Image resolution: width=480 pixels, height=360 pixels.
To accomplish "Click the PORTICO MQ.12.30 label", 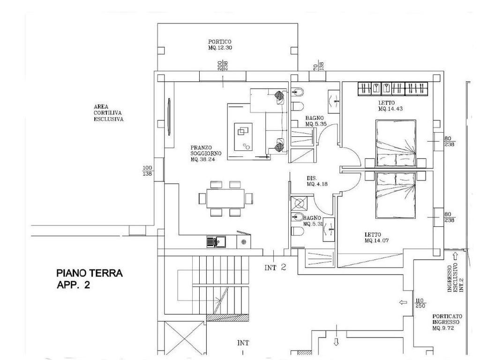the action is [x=220, y=45].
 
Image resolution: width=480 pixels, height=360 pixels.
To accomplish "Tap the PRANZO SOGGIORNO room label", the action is [x=206, y=153].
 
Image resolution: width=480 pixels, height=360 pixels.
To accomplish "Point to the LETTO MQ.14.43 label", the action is [x=390, y=105].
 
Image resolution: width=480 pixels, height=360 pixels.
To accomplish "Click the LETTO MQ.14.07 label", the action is [x=376, y=238].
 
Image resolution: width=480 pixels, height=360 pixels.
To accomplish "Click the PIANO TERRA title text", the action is [x=90, y=273].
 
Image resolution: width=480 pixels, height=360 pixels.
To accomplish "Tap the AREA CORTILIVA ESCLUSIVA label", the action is [x=109, y=113].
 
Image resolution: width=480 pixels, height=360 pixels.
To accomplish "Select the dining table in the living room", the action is [x=225, y=198].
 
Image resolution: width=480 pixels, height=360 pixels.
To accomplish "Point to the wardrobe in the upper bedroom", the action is [x=393, y=89].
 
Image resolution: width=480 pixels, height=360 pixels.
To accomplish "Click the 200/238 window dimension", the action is [x=223, y=66].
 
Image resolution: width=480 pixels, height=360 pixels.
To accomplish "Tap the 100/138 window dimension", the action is [x=148, y=171].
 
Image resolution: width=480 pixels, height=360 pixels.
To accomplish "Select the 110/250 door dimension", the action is [x=420, y=303].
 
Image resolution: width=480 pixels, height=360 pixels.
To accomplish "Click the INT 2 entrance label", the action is [x=275, y=267].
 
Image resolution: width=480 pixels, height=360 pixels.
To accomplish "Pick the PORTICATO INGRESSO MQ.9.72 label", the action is [x=447, y=322].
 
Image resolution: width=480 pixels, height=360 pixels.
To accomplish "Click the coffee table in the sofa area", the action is [x=243, y=136].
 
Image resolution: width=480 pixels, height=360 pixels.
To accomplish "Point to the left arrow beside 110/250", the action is [x=404, y=303].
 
